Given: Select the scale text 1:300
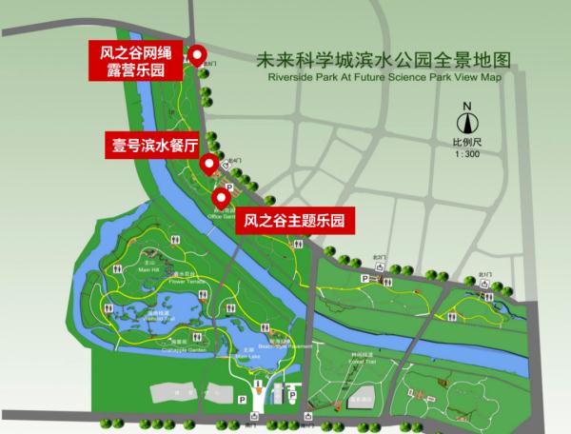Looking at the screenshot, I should point(466,153).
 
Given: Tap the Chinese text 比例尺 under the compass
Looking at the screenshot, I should point(466,142).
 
